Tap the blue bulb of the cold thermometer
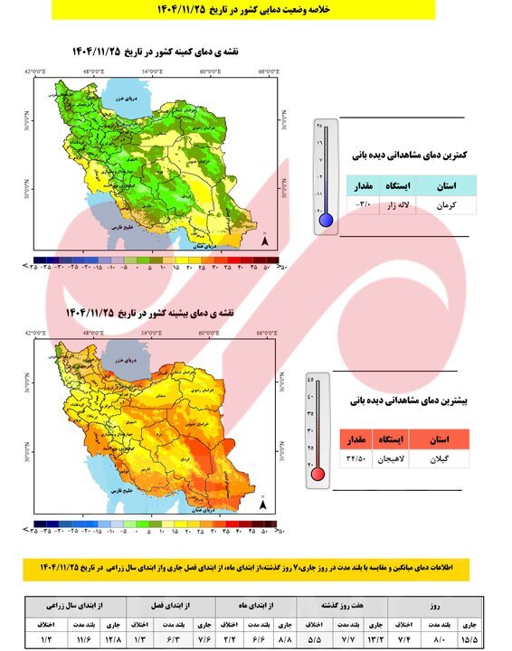[x=326, y=219]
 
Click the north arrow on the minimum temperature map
[x=263, y=241]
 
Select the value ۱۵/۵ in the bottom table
[x=470, y=640]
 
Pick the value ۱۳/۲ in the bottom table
[x=377, y=640]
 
